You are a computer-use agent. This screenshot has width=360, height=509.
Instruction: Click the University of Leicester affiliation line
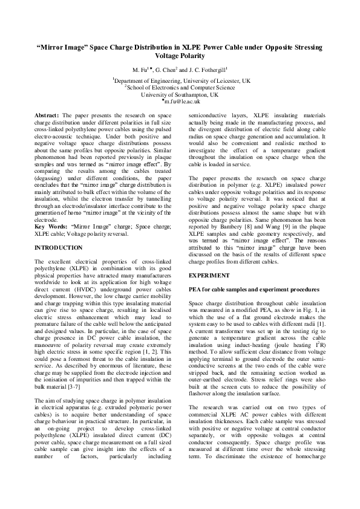(x=180, y=80)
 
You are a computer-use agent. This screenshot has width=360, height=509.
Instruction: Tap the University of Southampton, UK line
(x=180, y=95)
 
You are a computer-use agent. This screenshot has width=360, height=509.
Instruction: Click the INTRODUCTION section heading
(x=59, y=248)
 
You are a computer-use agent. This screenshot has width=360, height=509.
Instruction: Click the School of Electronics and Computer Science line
(x=180, y=88)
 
